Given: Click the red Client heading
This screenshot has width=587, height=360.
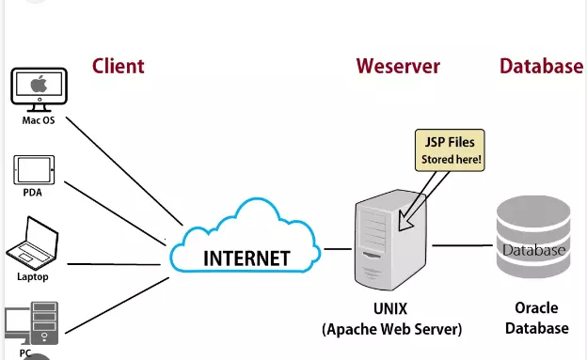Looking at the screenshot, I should [x=118, y=66].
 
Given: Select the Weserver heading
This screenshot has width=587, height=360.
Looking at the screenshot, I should [x=397, y=66].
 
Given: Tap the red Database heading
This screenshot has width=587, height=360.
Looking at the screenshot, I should [x=540, y=66].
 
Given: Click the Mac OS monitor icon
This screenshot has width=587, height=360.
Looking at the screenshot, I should [x=39, y=88].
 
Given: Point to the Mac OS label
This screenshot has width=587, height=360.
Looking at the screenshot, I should [x=39, y=120].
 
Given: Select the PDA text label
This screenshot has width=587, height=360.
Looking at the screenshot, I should [x=32, y=193].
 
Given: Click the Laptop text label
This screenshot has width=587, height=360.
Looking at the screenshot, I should [x=32, y=277].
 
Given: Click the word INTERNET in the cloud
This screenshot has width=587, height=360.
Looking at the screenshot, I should [x=247, y=257].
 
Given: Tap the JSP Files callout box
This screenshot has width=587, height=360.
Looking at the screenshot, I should [x=451, y=151].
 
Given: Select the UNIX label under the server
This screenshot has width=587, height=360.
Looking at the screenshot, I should [x=391, y=308].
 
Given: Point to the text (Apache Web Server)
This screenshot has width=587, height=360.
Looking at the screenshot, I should [x=391, y=329].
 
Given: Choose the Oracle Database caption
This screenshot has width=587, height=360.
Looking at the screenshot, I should [x=536, y=318].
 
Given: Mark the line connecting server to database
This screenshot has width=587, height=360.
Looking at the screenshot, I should [x=463, y=246].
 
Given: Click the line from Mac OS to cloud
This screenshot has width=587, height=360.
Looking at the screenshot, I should [x=122, y=173].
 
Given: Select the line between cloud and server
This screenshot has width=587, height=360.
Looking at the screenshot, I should [x=336, y=249].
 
